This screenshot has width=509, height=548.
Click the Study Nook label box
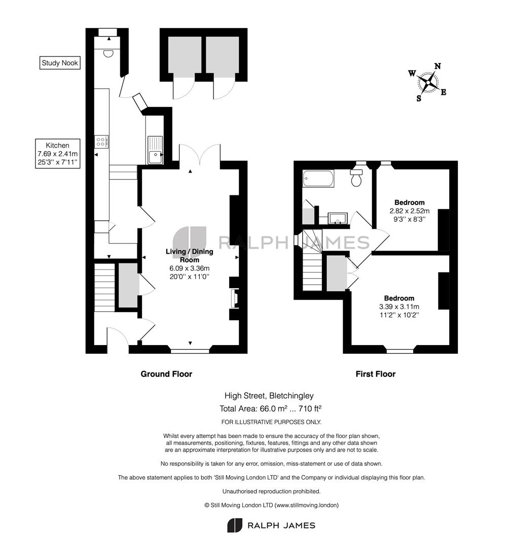[60, 63]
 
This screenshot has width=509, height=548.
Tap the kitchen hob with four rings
[101, 142]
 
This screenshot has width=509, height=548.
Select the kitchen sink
[155, 151]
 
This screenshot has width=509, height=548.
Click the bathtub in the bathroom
[318, 179]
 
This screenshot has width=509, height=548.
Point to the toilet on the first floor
[357, 178]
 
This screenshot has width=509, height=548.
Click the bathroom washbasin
[336, 219]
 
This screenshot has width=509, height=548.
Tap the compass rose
[428, 82]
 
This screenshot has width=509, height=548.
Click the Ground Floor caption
[166, 374]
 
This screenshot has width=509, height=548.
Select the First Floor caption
[375, 374]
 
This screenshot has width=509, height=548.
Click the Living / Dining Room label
[190, 255]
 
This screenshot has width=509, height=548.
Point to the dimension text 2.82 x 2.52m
[409, 211]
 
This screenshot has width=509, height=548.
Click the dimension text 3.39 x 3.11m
[398, 306]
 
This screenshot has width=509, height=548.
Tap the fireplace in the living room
[233, 299]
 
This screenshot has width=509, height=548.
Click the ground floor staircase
[104, 287]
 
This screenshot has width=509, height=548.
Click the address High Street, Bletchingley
[273, 396]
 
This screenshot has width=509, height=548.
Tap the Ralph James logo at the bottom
[271, 525]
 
